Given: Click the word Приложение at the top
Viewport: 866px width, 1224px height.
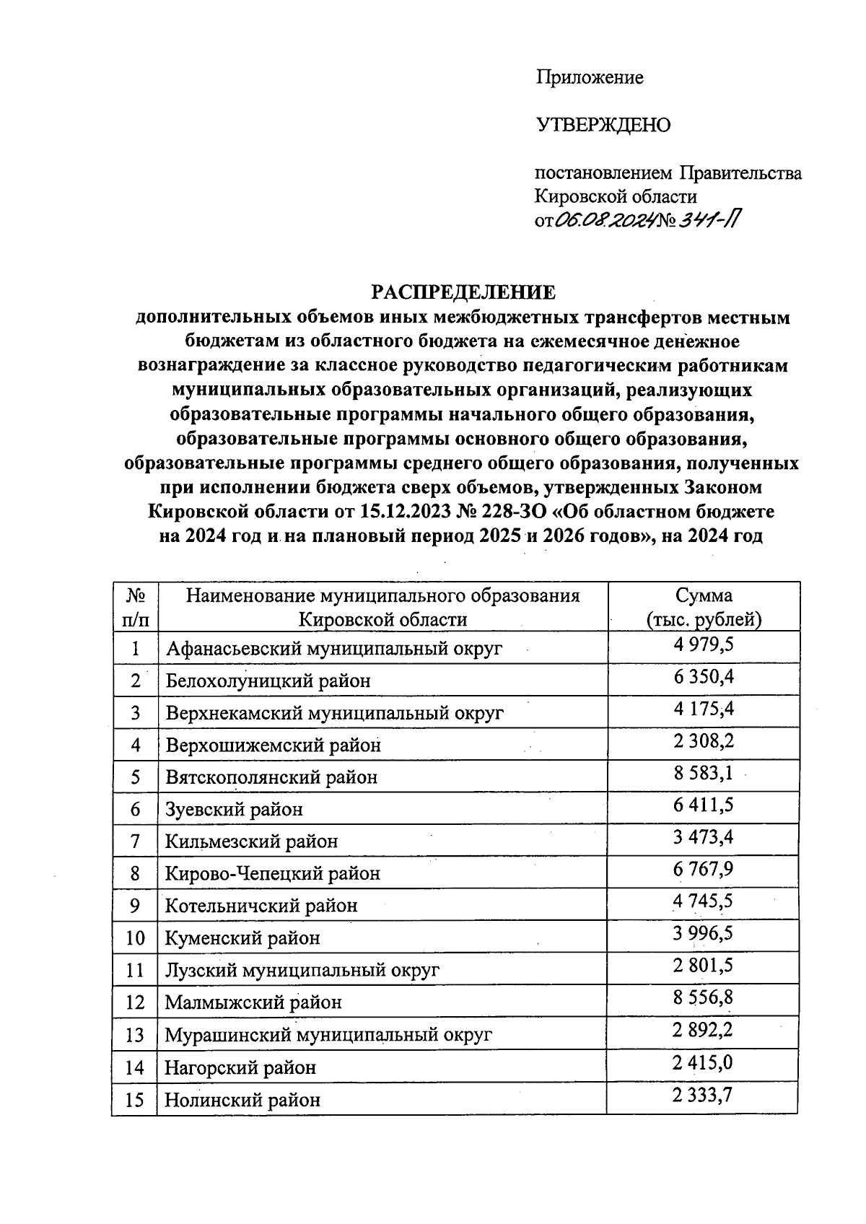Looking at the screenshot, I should (x=589, y=77).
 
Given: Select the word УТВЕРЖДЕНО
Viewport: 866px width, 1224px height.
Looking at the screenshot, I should (x=603, y=126).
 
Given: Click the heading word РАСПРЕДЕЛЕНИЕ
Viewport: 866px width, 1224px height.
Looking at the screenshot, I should (x=463, y=292).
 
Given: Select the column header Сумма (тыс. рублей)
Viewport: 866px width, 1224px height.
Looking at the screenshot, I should (x=704, y=607).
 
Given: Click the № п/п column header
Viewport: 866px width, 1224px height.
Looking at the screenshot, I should (x=136, y=607).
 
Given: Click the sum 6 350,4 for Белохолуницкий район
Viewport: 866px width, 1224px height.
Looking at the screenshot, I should (x=704, y=677).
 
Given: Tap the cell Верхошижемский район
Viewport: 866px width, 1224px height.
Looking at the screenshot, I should (x=273, y=745).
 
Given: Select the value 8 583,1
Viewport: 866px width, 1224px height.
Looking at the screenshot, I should (x=704, y=774).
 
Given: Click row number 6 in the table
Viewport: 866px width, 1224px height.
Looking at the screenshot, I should (x=135, y=809).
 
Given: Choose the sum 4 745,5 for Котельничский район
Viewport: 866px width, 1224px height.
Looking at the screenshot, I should (x=704, y=902).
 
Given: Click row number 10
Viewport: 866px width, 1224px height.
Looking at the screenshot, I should (x=135, y=938).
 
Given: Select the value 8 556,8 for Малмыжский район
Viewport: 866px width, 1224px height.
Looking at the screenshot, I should (x=704, y=999).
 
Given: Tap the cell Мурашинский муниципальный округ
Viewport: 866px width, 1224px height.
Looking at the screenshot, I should (x=328, y=1035).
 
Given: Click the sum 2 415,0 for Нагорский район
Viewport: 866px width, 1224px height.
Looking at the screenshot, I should (x=704, y=1063).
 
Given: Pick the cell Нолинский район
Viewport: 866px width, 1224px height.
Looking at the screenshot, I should (x=242, y=1100).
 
